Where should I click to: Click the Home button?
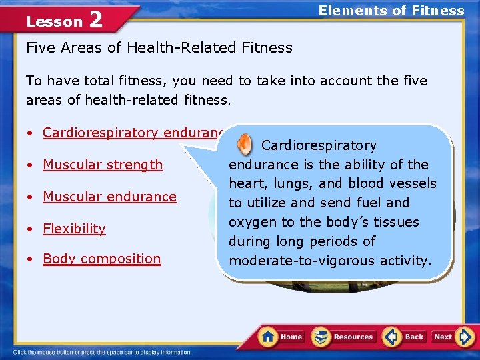(x=281, y=337)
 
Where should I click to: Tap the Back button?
(x=404, y=337)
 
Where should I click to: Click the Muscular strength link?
(x=103, y=165)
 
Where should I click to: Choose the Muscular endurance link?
(x=109, y=197)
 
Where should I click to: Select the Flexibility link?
(x=74, y=229)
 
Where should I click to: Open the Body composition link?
(x=101, y=259)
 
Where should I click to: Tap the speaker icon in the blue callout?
(x=245, y=144)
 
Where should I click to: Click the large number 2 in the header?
(x=95, y=19)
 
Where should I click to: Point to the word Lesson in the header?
(x=54, y=21)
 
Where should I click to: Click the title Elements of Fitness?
(x=391, y=11)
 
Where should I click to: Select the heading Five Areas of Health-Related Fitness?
(x=159, y=47)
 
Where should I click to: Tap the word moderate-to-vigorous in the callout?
(x=301, y=260)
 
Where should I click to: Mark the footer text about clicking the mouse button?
(x=102, y=352)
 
